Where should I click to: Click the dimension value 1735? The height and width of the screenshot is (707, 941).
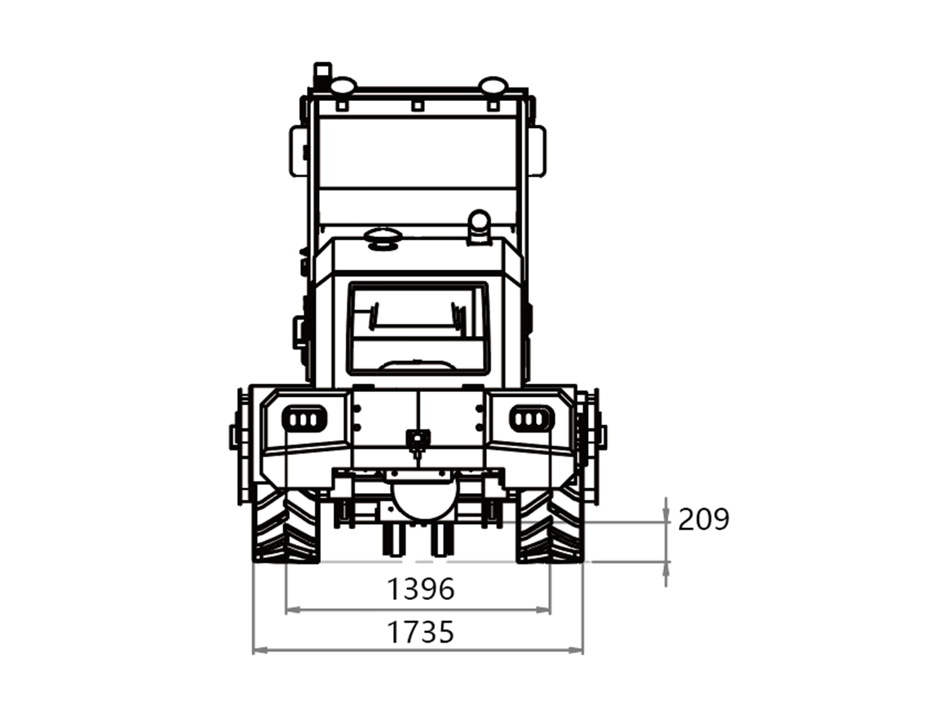click(x=420, y=632)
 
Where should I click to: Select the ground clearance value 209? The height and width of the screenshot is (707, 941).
click(x=703, y=519)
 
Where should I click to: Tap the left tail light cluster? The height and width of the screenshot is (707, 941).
click(x=304, y=419)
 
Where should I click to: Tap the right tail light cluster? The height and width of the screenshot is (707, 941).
click(x=532, y=419)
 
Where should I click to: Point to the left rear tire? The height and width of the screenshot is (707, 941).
click(x=286, y=525)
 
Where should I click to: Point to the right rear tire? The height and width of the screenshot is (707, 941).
click(x=550, y=525)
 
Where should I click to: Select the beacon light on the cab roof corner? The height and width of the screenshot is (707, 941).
click(x=322, y=76)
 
